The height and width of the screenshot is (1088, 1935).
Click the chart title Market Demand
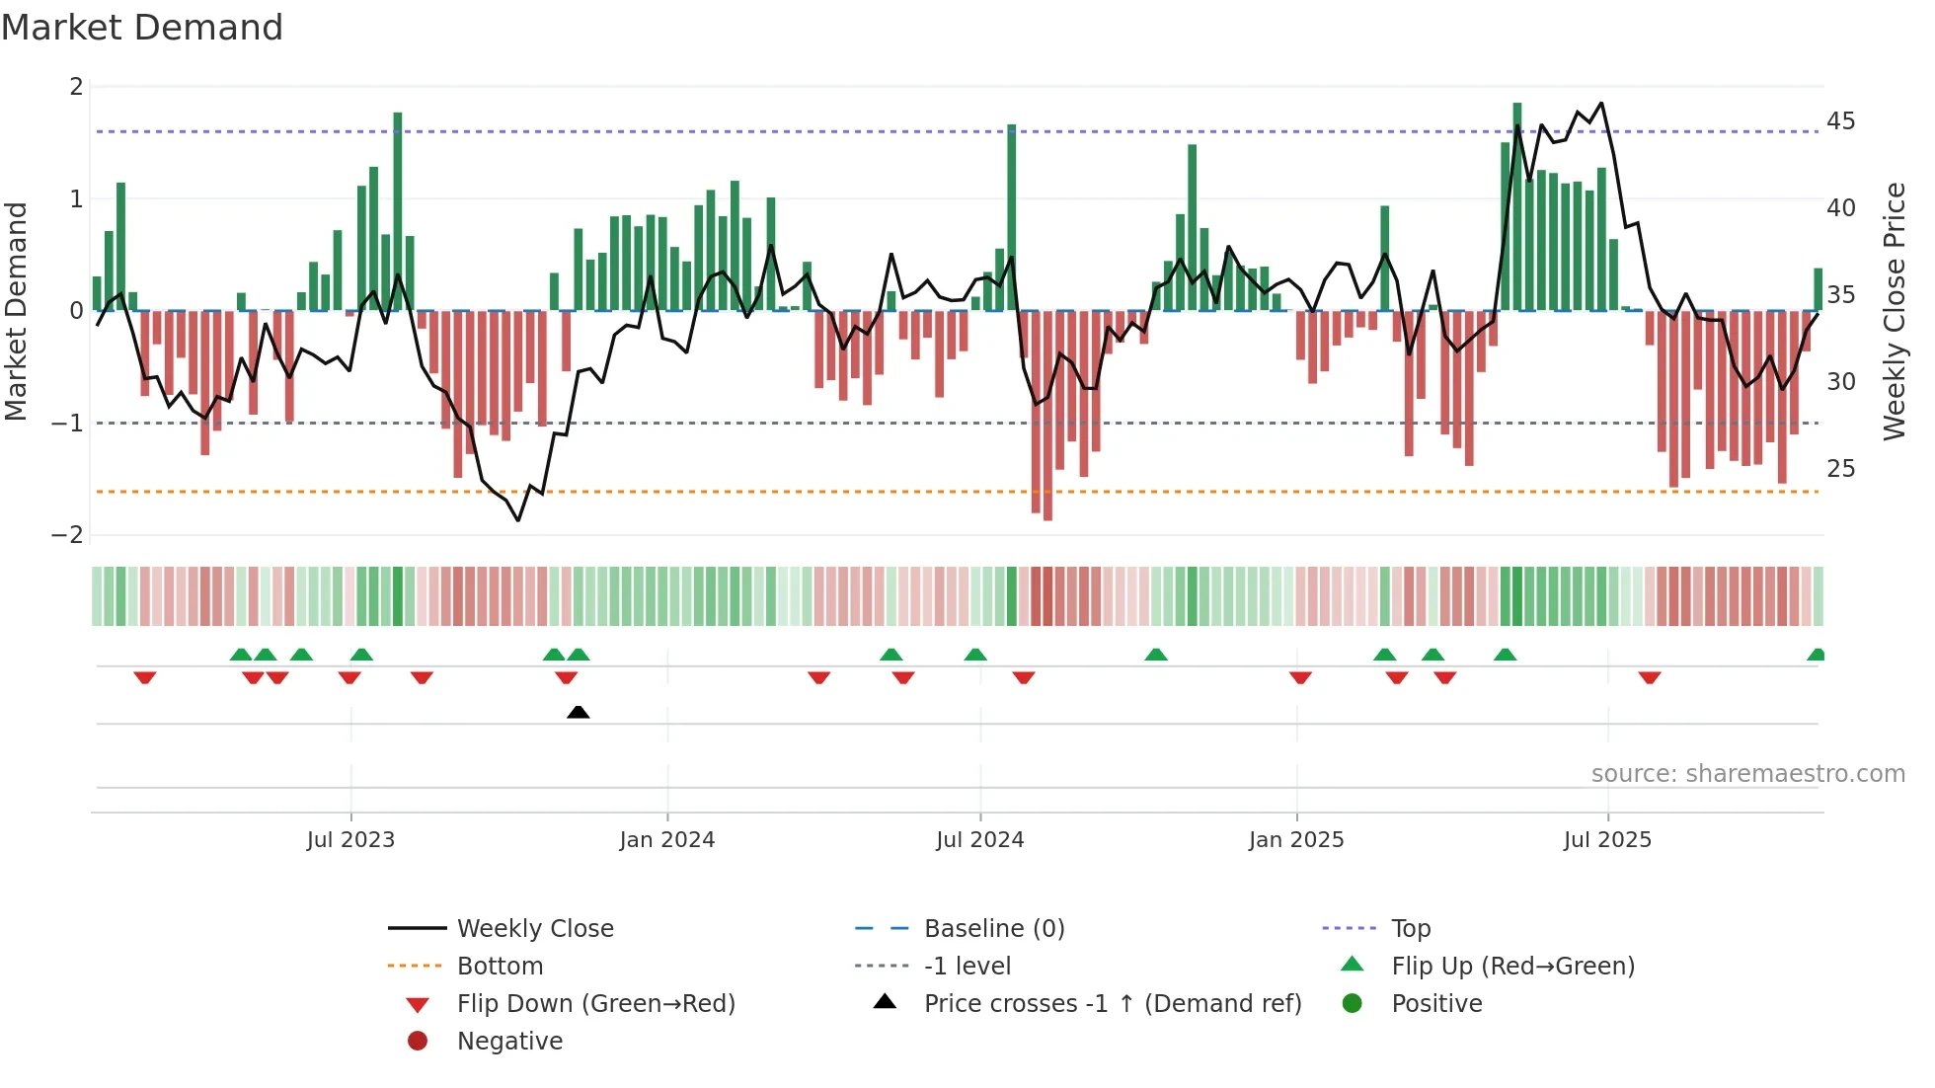click(x=142, y=28)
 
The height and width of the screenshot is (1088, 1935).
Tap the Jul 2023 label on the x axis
click(x=350, y=840)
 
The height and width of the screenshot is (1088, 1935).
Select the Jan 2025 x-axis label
click(x=1296, y=840)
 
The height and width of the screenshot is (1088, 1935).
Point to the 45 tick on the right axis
click(x=1840, y=121)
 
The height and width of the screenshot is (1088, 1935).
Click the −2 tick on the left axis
click(x=68, y=535)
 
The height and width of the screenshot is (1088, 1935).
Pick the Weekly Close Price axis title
click(x=1894, y=311)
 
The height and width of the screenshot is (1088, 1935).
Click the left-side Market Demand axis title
click(x=16, y=311)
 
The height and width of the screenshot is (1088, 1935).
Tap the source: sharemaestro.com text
click(x=1747, y=774)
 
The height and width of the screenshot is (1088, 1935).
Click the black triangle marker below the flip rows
click(x=579, y=712)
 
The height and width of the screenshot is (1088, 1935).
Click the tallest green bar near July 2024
click(x=1012, y=217)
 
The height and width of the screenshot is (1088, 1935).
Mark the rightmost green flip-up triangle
click(x=1816, y=655)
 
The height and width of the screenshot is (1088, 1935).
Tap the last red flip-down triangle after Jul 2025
click(x=1650, y=677)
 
